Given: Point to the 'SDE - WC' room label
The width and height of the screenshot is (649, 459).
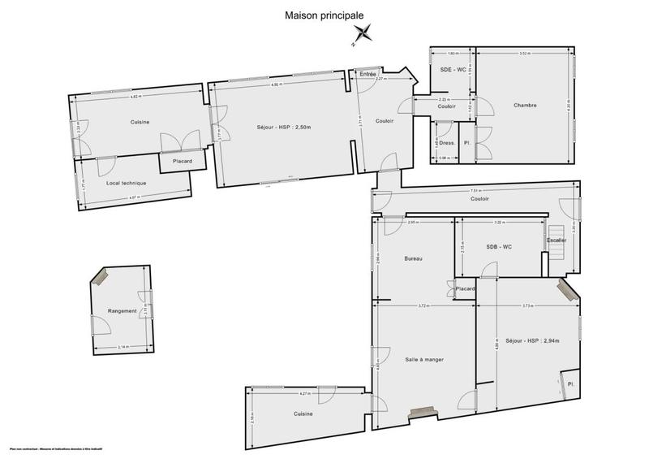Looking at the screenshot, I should (452, 70).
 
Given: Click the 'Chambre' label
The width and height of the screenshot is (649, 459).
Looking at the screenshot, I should (526, 106).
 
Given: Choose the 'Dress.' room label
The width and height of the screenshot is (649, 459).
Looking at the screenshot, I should (445, 143).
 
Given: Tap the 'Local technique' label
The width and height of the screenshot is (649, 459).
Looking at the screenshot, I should (126, 183).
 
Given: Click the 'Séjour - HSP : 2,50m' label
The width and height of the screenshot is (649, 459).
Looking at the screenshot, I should (273, 127).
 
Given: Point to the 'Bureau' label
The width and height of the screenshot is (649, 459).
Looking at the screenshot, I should (415, 259).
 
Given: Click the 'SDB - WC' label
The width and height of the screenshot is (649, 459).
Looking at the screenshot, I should (499, 247).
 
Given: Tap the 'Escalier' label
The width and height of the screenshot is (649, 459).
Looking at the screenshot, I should (557, 240).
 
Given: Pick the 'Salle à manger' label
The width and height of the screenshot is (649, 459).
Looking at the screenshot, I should (424, 359).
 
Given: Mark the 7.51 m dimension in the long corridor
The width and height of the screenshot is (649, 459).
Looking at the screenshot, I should (477, 191).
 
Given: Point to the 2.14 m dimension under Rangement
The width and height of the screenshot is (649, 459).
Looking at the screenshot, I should (122, 348).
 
